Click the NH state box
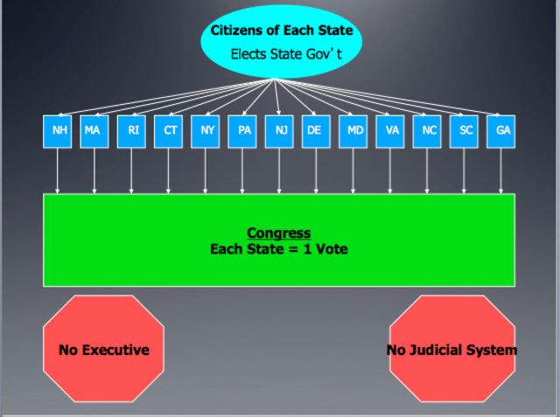(x=58, y=130)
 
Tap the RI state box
(x=131, y=130)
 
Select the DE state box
(x=316, y=130)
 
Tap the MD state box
(x=353, y=130)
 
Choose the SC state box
(x=465, y=130)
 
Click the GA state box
(x=501, y=130)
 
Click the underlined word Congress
(x=278, y=233)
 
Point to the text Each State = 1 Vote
(x=278, y=248)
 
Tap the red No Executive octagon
(x=103, y=350)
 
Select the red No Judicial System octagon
(x=451, y=350)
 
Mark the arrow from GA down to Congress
(x=501, y=170)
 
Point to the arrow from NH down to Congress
(x=58, y=170)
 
